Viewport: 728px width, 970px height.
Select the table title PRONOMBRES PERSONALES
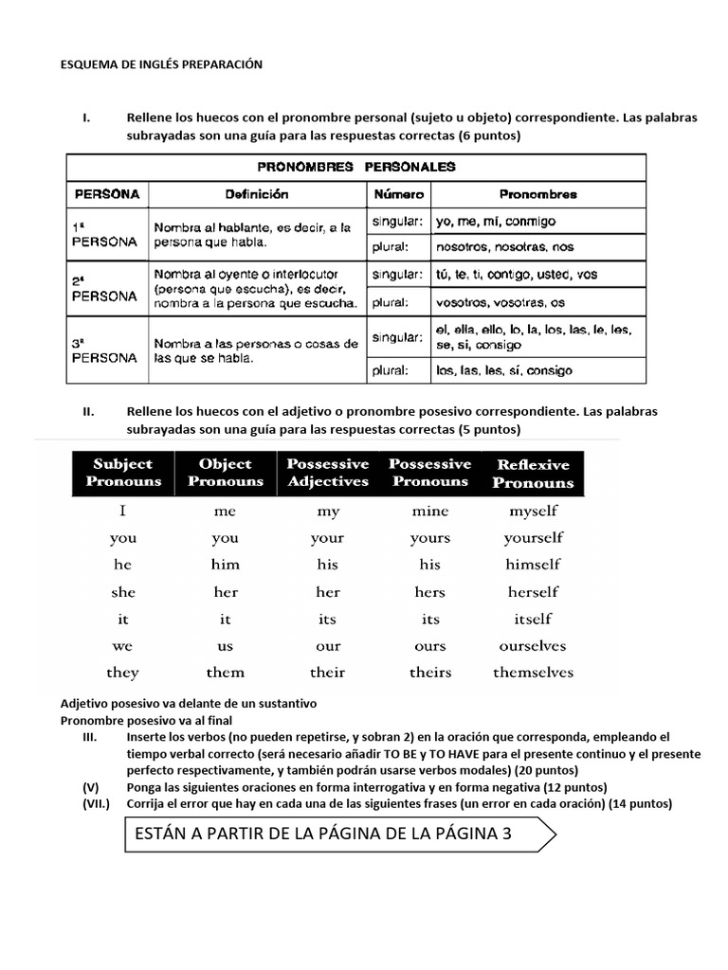(x=356, y=167)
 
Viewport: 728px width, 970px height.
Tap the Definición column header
(x=257, y=194)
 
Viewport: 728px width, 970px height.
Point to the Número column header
(x=398, y=194)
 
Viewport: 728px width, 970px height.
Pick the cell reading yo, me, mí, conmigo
(x=496, y=222)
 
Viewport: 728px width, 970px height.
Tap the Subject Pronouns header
(x=123, y=472)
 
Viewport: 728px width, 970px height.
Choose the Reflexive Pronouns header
(x=534, y=473)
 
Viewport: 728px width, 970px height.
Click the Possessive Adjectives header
(x=327, y=472)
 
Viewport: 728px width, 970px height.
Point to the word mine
(x=430, y=511)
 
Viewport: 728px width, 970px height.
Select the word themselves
(x=533, y=673)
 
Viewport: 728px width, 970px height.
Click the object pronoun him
(x=226, y=565)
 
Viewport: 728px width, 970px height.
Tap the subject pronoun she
(x=123, y=592)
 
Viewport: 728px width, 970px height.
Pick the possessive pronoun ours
(x=430, y=646)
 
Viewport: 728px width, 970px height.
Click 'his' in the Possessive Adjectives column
(x=327, y=565)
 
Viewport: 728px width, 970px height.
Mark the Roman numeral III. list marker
(x=91, y=737)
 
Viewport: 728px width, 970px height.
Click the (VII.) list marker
(x=96, y=804)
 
